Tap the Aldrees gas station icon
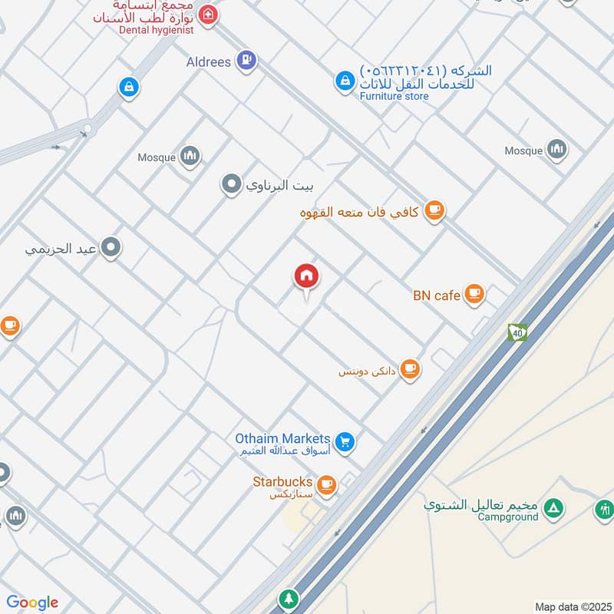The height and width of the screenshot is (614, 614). [246, 60]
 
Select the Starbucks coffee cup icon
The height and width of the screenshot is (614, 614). [327, 484]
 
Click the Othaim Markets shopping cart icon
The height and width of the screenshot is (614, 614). [345, 441]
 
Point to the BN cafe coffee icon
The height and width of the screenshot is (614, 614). [474, 293]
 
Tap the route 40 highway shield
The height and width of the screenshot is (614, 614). [517, 332]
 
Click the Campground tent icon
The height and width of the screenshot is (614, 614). [553, 508]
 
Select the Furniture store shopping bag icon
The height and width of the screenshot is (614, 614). [343, 80]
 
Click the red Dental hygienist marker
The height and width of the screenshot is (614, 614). [206, 14]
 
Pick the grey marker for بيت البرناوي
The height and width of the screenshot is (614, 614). [230, 184]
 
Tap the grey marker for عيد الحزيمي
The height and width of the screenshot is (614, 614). [111, 248]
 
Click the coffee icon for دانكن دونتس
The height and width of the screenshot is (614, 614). [411, 369]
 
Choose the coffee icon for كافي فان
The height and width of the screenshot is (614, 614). [434, 210]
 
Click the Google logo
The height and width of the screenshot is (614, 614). [32, 602]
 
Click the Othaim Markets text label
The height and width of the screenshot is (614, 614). [282, 438]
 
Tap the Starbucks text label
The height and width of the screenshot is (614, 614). [282, 482]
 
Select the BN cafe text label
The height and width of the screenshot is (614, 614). [436, 295]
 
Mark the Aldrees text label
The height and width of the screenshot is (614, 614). [209, 61]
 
